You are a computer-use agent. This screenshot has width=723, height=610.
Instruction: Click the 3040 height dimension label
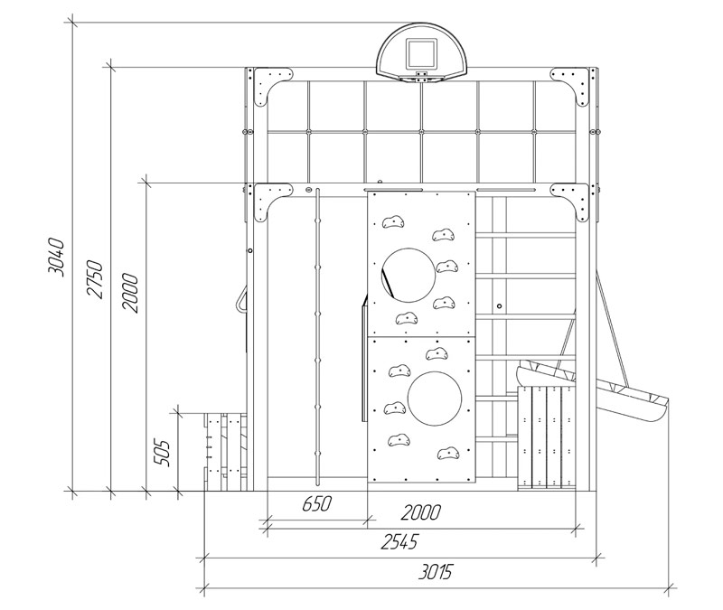click(x=57, y=258)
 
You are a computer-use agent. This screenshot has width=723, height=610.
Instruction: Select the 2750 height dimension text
click(x=94, y=279)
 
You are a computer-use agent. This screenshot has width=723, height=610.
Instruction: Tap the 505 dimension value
click(x=162, y=454)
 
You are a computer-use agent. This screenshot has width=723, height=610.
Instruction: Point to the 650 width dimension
click(x=317, y=503)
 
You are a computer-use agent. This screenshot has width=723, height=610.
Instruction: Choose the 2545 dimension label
click(x=399, y=541)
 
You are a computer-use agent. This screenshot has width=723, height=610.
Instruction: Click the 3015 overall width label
click(x=436, y=572)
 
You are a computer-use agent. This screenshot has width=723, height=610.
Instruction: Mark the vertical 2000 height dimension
click(x=130, y=293)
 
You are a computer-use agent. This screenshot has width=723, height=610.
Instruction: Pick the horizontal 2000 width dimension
click(x=421, y=512)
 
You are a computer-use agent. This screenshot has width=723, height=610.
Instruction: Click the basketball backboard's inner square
click(x=420, y=53)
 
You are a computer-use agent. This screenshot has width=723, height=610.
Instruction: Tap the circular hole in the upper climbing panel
click(x=408, y=276)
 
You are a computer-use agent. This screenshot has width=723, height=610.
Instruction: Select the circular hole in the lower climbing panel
click(x=435, y=399)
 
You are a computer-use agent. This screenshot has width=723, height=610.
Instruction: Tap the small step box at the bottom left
click(x=226, y=452)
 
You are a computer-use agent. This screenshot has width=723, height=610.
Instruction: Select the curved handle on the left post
click(x=240, y=301)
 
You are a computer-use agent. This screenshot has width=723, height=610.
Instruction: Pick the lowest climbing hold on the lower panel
click(x=447, y=454)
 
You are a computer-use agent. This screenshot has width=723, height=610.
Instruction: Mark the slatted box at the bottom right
click(x=547, y=437)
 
